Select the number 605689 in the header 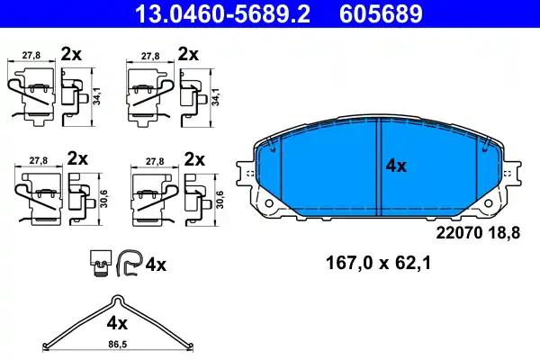(x=378, y=13)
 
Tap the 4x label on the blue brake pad (x=397, y=166)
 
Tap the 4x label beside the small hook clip (x=156, y=265)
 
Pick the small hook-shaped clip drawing (x=128, y=264)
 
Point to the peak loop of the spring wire (x=113, y=300)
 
